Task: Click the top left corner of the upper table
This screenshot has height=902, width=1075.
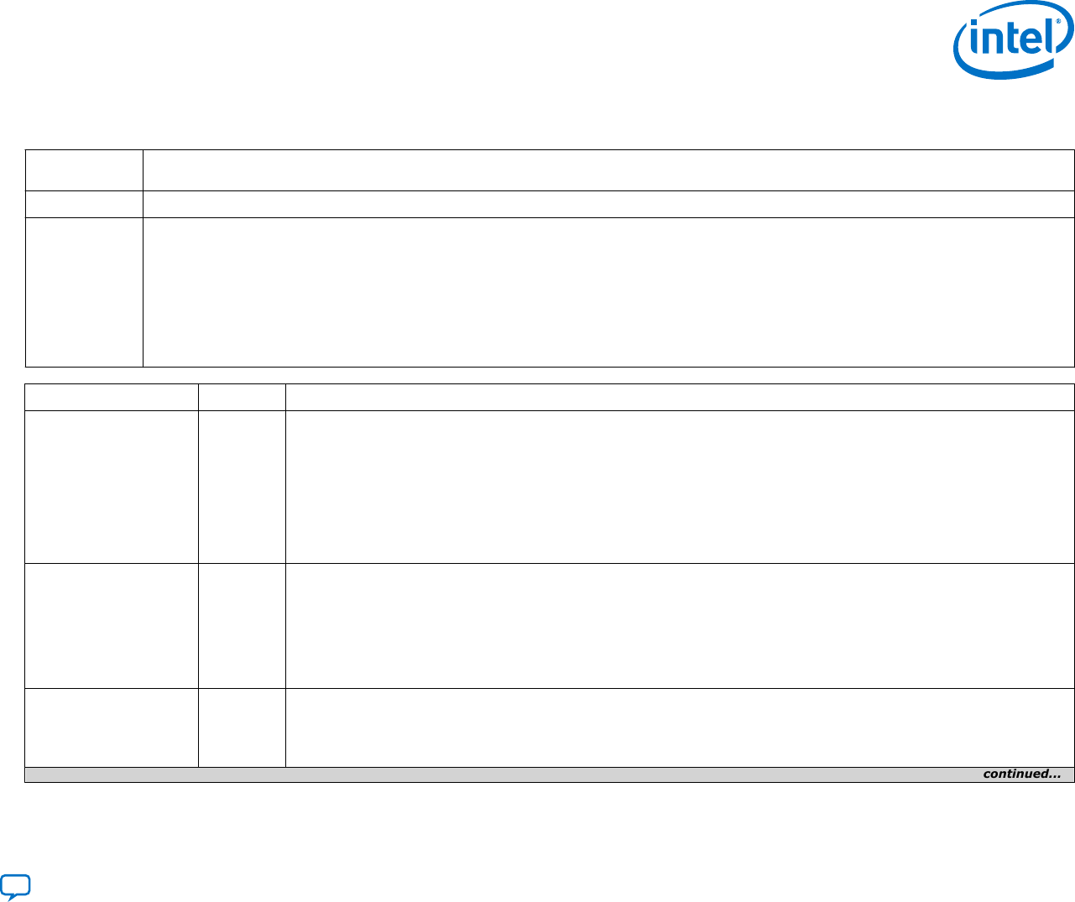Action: point(25,150)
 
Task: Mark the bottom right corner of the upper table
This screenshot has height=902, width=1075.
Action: point(1074,367)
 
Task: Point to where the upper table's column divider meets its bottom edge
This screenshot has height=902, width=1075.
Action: point(143,367)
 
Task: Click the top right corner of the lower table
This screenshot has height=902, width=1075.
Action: point(1074,383)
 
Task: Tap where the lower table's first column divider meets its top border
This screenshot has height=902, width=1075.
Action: point(198,383)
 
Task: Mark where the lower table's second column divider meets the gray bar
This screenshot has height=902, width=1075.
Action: point(285,767)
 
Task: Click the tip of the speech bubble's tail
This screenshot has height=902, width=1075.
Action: point(9,900)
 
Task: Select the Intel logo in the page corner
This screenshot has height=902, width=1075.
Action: point(1013,39)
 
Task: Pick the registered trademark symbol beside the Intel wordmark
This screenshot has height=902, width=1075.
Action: point(1058,21)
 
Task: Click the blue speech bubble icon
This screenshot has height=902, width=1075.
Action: point(15,887)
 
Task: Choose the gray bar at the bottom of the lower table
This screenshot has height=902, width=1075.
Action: point(550,774)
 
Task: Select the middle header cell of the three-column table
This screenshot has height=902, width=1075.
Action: point(242,397)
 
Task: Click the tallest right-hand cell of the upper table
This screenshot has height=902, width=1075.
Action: point(608,293)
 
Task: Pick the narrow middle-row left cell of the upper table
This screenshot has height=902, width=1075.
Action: point(84,205)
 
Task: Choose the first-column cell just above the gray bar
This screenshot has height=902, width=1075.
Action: point(112,727)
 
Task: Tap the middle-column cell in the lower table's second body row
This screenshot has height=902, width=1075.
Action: point(242,626)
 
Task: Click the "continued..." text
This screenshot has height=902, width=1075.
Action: point(1022,774)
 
